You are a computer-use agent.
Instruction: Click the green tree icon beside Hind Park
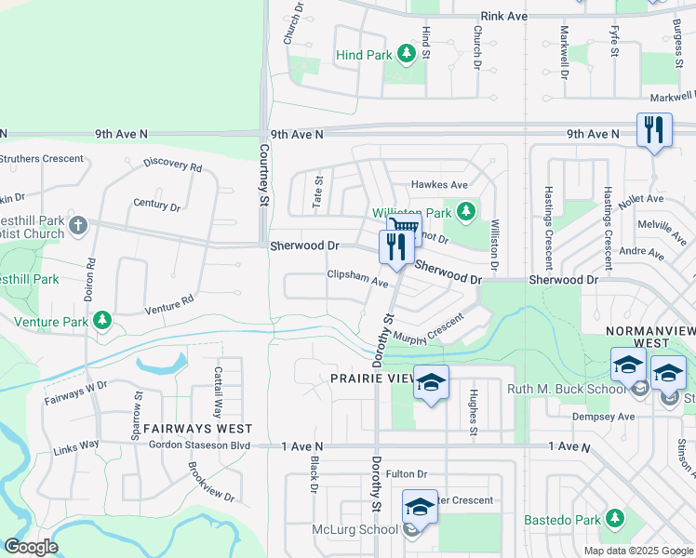[406, 55]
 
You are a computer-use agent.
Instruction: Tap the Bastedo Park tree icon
[614, 518]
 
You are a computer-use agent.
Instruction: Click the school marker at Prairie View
[431, 382]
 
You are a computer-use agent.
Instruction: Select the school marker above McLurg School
[420, 507]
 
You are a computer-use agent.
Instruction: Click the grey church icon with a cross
[78, 225]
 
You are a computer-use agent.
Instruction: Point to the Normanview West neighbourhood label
[650, 331]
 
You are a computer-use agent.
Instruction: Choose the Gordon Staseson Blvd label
[202, 446]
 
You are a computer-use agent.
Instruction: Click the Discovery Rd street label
[173, 166]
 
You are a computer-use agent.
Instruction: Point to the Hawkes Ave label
[440, 185]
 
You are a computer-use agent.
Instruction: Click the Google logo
[31, 547]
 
